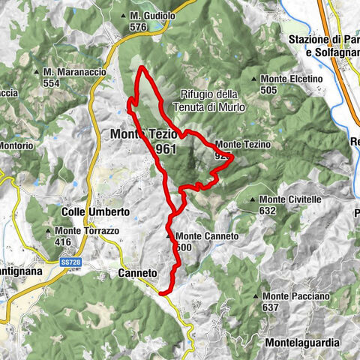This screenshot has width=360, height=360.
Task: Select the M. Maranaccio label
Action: pyautogui.click(x=71, y=71)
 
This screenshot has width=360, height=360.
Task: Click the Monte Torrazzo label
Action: pyautogui.click(x=78, y=230)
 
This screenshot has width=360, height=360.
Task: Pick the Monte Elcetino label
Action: pyautogui.click(x=291, y=79)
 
